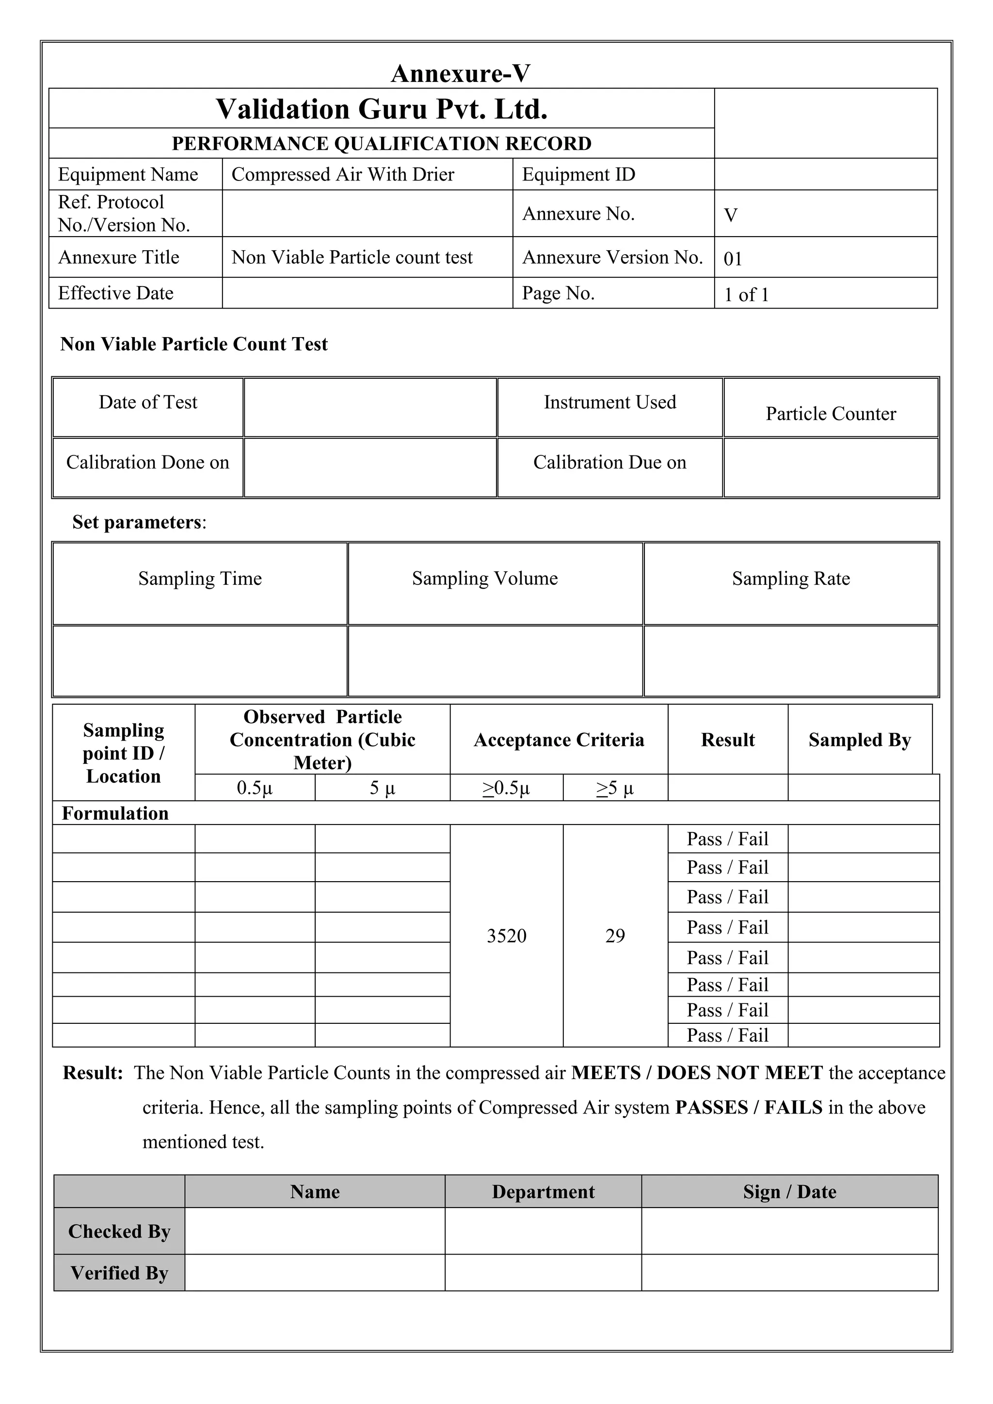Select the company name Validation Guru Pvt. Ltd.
pyautogui.click(x=382, y=109)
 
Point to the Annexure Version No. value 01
pyautogui.click(x=733, y=258)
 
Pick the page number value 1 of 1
pyautogui.click(x=746, y=295)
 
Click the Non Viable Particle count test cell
pyautogui.click(x=352, y=258)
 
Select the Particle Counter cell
pyautogui.click(x=831, y=414)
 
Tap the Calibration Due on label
pyautogui.click(x=609, y=462)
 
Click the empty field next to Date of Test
pyautogui.click(x=370, y=407)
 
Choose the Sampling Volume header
pyautogui.click(x=485, y=579)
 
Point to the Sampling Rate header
pyautogui.click(x=791, y=579)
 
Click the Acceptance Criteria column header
pyautogui.click(x=559, y=740)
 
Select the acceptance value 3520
pyautogui.click(x=506, y=936)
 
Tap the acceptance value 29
pyautogui.click(x=615, y=936)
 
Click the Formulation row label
pyautogui.click(x=115, y=813)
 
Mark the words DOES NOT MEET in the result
pyautogui.click(x=740, y=1073)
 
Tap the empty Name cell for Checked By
pyautogui.click(x=314, y=1231)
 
